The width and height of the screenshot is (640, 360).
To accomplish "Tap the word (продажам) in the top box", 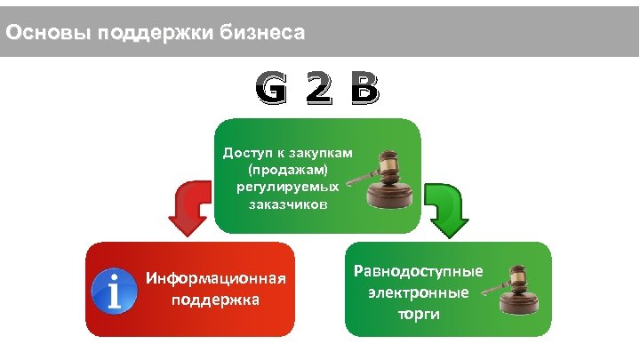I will [288, 169].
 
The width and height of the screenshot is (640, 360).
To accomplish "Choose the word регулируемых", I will [288, 187].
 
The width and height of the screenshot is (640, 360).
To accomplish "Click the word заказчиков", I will [288, 204].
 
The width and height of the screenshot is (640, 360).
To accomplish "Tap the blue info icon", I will [116, 290].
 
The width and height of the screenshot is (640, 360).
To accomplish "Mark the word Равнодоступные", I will [419, 270].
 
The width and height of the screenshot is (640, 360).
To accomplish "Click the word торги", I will [420, 315].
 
